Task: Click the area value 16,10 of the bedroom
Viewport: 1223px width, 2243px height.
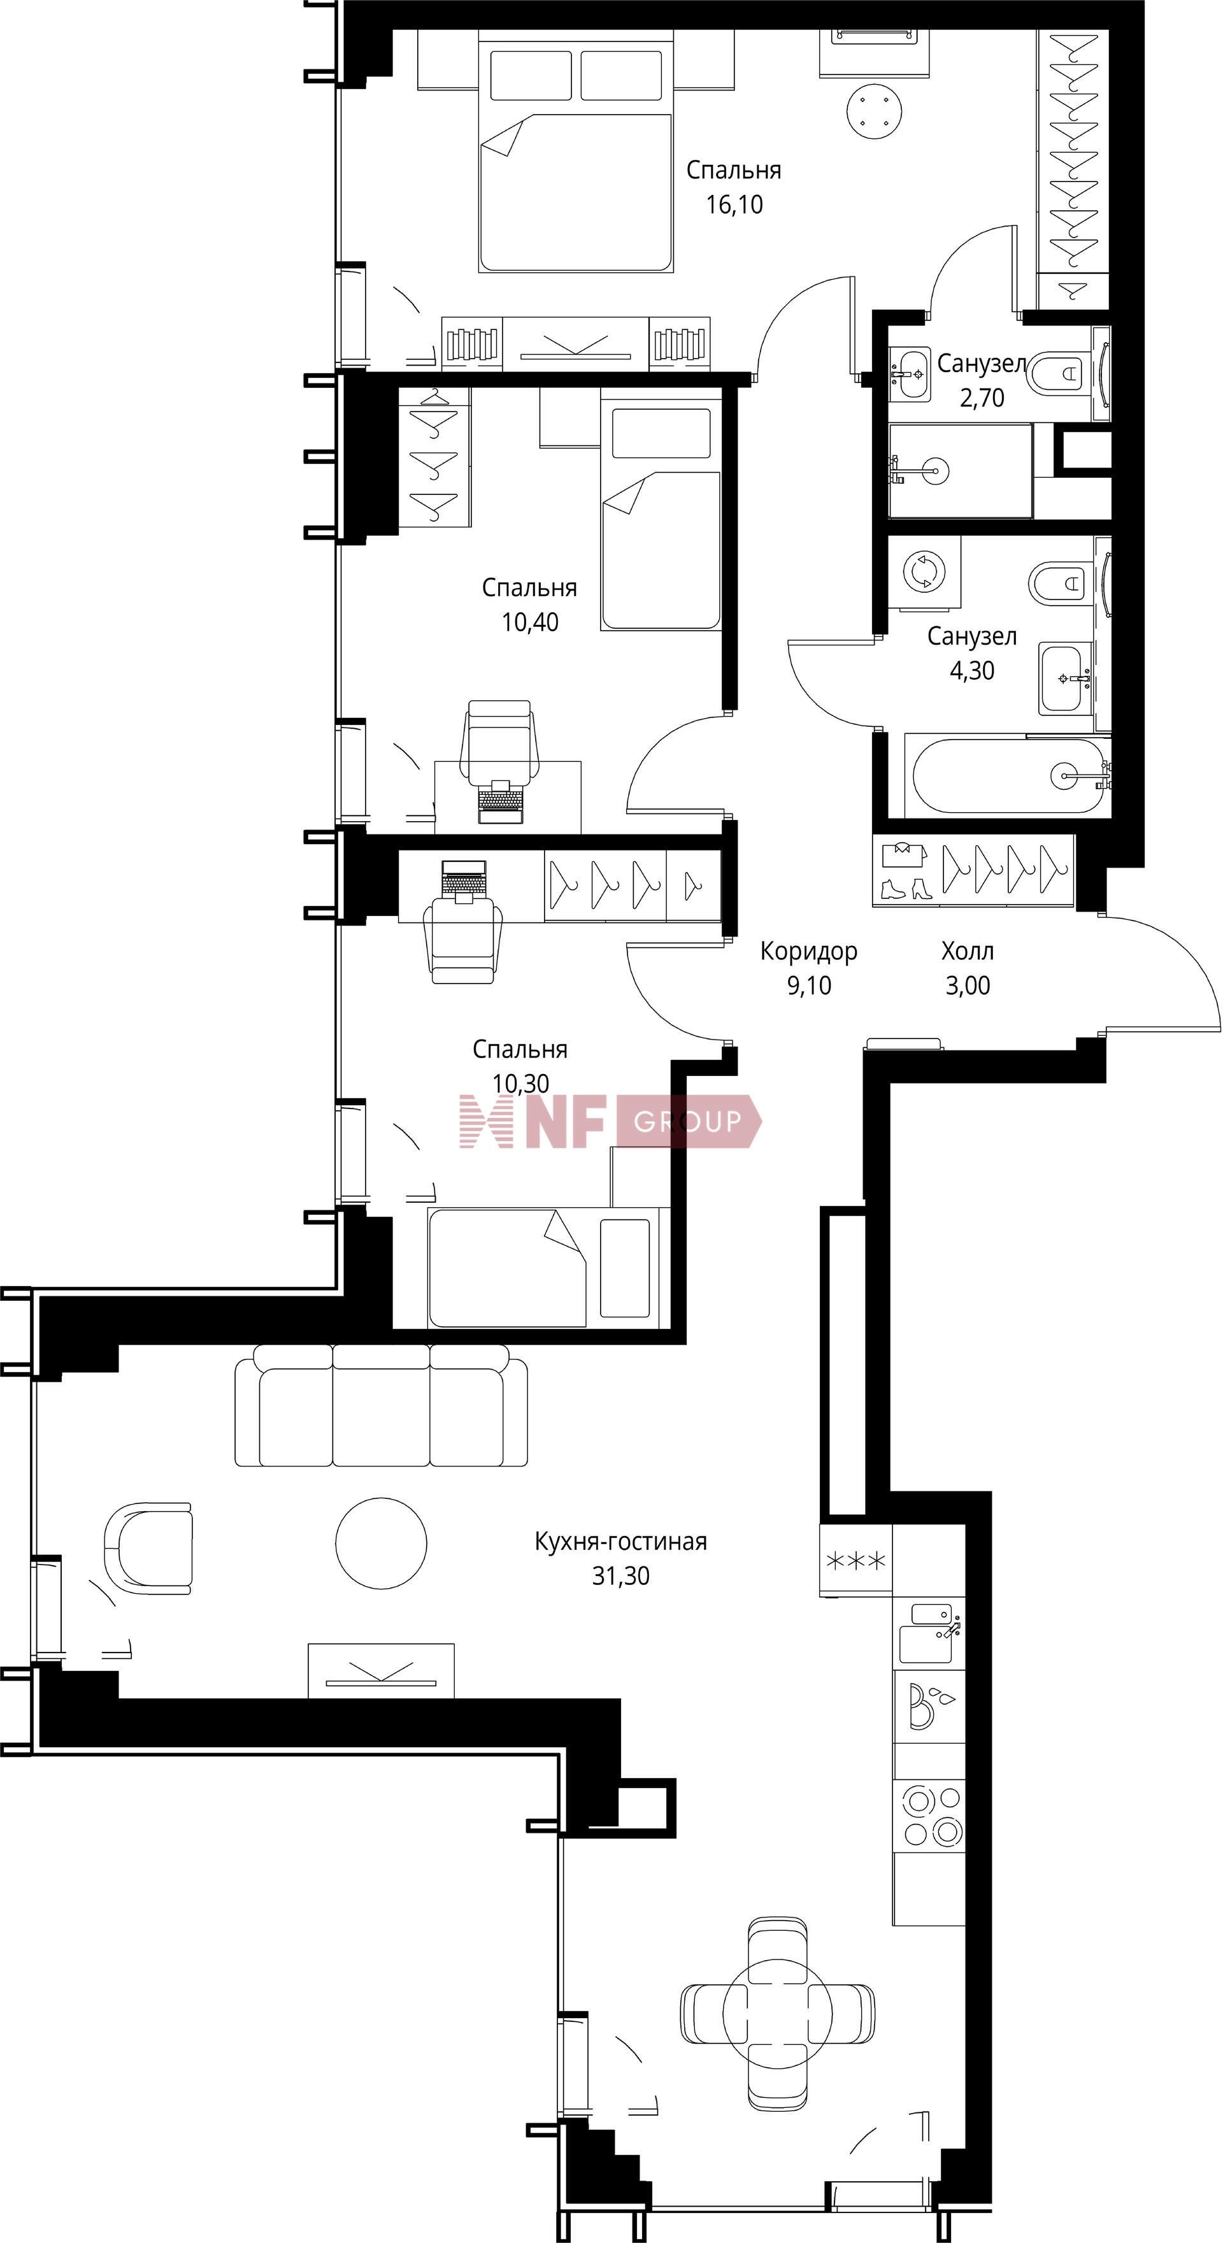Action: (x=734, y=204)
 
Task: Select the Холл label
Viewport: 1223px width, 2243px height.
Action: (x=967, y=951)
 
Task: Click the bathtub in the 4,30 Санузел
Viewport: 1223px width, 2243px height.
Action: (x=1007, y=776)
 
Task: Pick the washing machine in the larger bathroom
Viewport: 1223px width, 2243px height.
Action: (x=924, y=571)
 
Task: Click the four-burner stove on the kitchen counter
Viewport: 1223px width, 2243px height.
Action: (x=929, y=1816)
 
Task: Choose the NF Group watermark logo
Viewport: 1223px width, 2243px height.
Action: (x=610, y=1121)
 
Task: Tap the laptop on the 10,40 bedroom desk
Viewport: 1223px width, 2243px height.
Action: (x=501, y=801)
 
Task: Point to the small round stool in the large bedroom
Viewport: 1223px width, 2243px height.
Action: (x=875, y=111)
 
